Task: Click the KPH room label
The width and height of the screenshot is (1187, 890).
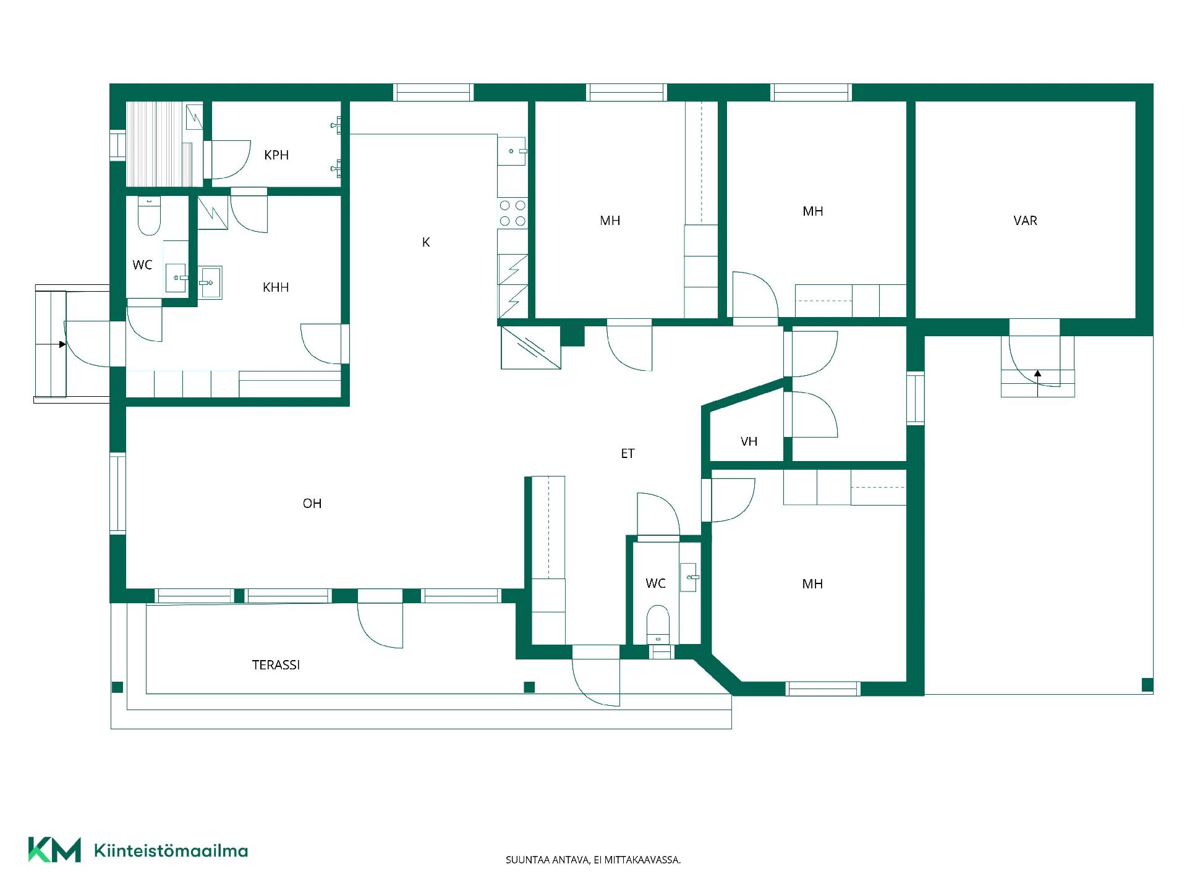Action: click(276, 155)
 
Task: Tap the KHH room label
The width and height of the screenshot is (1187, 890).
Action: click(276, 287)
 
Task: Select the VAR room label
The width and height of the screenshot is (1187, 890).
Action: click(1025, 221)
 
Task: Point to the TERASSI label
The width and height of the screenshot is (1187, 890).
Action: click(276, 665)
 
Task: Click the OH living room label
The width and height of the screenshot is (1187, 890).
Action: click(312, 504)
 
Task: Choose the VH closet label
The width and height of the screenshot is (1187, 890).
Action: click(749, 441)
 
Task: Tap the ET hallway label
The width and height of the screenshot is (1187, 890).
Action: click(628, 454)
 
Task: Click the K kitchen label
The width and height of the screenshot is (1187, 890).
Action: click(425, 242)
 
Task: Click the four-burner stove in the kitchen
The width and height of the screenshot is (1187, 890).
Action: click(513, 213)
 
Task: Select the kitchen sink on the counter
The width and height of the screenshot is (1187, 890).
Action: click(512, 151)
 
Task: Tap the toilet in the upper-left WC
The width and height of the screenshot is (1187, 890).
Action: click(149, 216)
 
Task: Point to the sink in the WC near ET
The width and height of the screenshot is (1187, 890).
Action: click(689, 577)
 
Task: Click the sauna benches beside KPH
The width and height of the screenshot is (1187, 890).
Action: click(164, 144)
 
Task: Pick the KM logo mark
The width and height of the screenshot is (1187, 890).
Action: click(54, 850)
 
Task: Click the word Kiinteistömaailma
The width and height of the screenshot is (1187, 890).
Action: click(171, 850)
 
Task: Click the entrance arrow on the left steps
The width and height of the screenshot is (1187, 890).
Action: click(62, 344)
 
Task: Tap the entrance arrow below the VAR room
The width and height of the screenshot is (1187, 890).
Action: click(1037, 373)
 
